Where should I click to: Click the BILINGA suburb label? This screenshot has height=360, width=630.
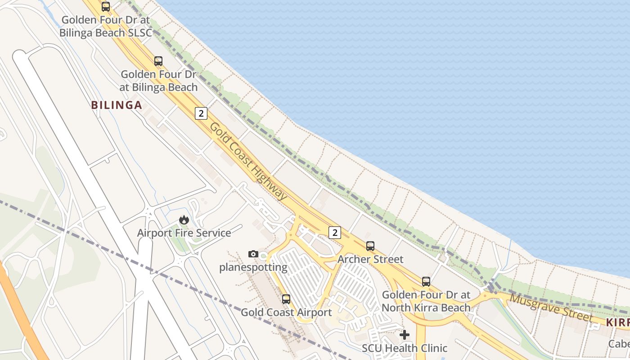117,105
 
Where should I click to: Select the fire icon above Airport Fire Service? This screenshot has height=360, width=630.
184,220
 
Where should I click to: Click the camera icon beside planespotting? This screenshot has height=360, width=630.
253,254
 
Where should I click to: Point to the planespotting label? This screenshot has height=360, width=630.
253,267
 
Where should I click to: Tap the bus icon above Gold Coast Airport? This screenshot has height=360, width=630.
286,299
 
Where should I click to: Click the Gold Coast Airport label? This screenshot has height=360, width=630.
286,312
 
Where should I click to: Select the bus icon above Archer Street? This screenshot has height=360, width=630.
370,246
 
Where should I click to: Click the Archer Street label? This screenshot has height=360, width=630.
370,259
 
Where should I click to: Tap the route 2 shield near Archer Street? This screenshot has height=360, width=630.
334,233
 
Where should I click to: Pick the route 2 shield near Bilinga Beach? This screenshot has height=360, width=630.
201,113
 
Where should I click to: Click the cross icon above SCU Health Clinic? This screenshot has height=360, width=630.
405,335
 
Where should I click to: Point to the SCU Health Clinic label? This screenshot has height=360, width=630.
405,348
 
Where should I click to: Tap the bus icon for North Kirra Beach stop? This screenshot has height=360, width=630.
426,282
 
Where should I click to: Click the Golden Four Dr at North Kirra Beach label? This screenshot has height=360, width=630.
426,301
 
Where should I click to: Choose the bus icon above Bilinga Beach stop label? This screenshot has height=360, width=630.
158,61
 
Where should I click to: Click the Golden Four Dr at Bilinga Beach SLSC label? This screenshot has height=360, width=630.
106,26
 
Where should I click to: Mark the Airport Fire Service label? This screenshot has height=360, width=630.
184,233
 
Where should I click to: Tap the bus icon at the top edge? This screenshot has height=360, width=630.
106,7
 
